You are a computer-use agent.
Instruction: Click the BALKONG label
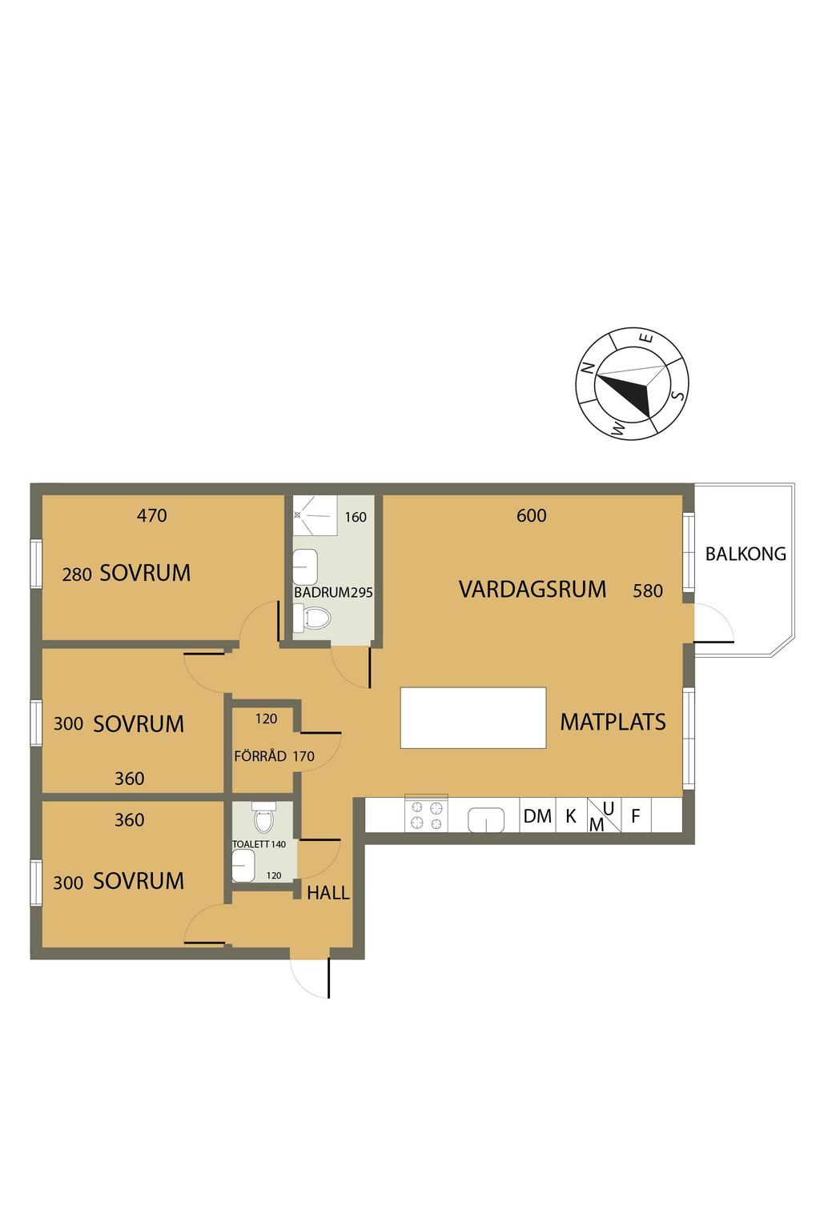[x=746, y=554]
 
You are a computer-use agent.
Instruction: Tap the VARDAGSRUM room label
[x=533, y=589]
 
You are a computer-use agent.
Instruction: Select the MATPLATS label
[x=613, y=722]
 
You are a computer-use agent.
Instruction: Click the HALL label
[x=328, y=893]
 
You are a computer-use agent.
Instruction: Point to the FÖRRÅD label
[x=259, y=755]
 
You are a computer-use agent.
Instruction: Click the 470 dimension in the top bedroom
[x=151, y=515]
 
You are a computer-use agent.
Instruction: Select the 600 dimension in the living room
[x=531, y=515]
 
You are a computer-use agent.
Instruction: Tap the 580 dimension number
[x=648, y=590]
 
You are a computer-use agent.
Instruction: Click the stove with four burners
[x=426, y=815]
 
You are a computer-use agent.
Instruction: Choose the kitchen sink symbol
[x=485, y=820]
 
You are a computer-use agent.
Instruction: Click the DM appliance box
[x=537, y=815]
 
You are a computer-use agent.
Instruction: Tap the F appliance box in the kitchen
[x=636, y=815]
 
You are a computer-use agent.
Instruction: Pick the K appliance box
[x=572, y=815]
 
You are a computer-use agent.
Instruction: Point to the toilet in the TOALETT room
[x=264, y=817]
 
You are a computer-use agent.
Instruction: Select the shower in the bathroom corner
[x=315, y=514]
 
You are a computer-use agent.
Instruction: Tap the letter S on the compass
[x=679, y=394]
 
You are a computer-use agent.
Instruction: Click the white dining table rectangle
[x=473, y=718]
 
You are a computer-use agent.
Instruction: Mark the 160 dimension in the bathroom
[x=356, y=517]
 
